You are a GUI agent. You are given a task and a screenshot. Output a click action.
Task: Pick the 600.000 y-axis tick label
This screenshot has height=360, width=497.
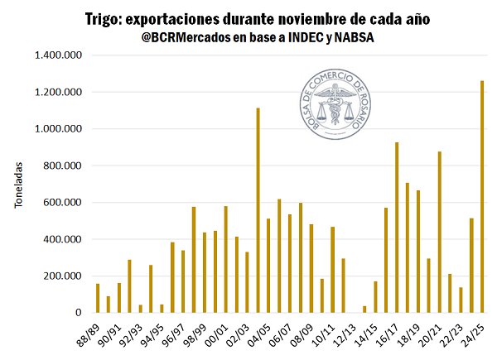coord(60,203)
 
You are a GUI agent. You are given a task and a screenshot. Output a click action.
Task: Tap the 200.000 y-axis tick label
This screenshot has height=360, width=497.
coord(60,276)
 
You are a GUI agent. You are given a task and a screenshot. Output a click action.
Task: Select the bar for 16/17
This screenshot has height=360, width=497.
coord(397,228)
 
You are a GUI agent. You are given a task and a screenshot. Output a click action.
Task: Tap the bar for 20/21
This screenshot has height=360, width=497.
coord(440,233)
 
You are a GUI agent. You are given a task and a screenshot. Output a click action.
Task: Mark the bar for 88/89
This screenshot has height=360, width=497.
coord(98,299)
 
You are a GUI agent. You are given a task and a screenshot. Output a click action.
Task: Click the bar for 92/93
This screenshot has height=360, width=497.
coord(141,309)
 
